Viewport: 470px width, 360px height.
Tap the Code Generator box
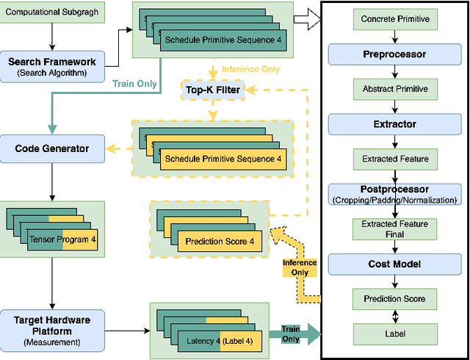tap(51, 148)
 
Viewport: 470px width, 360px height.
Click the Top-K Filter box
tap(211, 90)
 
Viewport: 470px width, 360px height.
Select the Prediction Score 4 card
tap(219, 241)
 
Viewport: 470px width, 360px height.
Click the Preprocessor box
tap(396, 54)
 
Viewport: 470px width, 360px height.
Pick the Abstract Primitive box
tap(396, 89)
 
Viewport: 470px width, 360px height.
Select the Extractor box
tap(396, 125)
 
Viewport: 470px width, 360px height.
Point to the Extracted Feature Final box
tap(396, 228)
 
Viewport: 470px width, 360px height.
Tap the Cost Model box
tap(396, 263)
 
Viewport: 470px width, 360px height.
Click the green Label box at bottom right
tap(396, 334)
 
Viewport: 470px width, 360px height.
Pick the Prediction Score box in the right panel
tap(396, 298)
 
